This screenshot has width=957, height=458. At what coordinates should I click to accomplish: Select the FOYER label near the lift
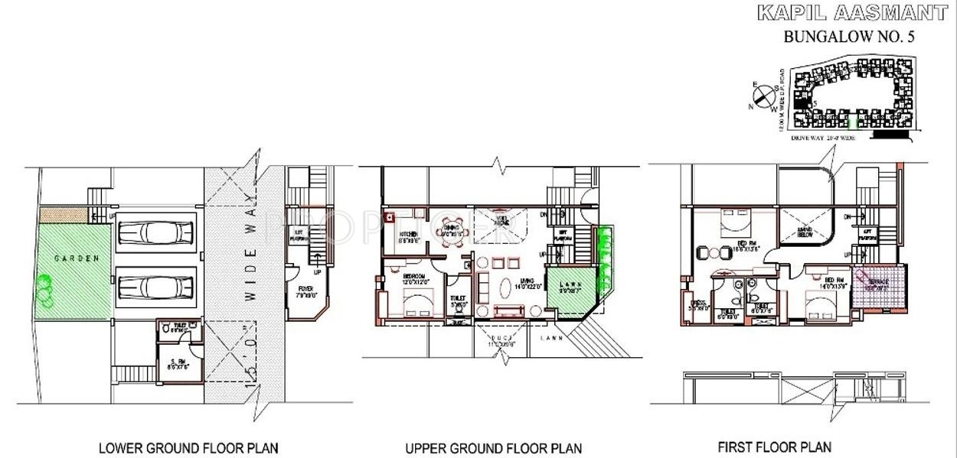pyautogui.click(x=305, y=289)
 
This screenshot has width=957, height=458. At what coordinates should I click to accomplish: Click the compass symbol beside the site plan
pyautogui.click(x=763, y=96)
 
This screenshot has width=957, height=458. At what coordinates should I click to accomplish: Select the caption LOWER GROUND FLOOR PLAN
pyautogui.click(x=188, y=447)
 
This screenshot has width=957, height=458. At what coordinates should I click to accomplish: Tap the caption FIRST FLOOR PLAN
pyautogui.click(x=774, y=447)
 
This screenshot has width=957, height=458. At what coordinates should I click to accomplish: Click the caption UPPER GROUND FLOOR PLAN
pyautogui.click(x=493, y=448)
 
